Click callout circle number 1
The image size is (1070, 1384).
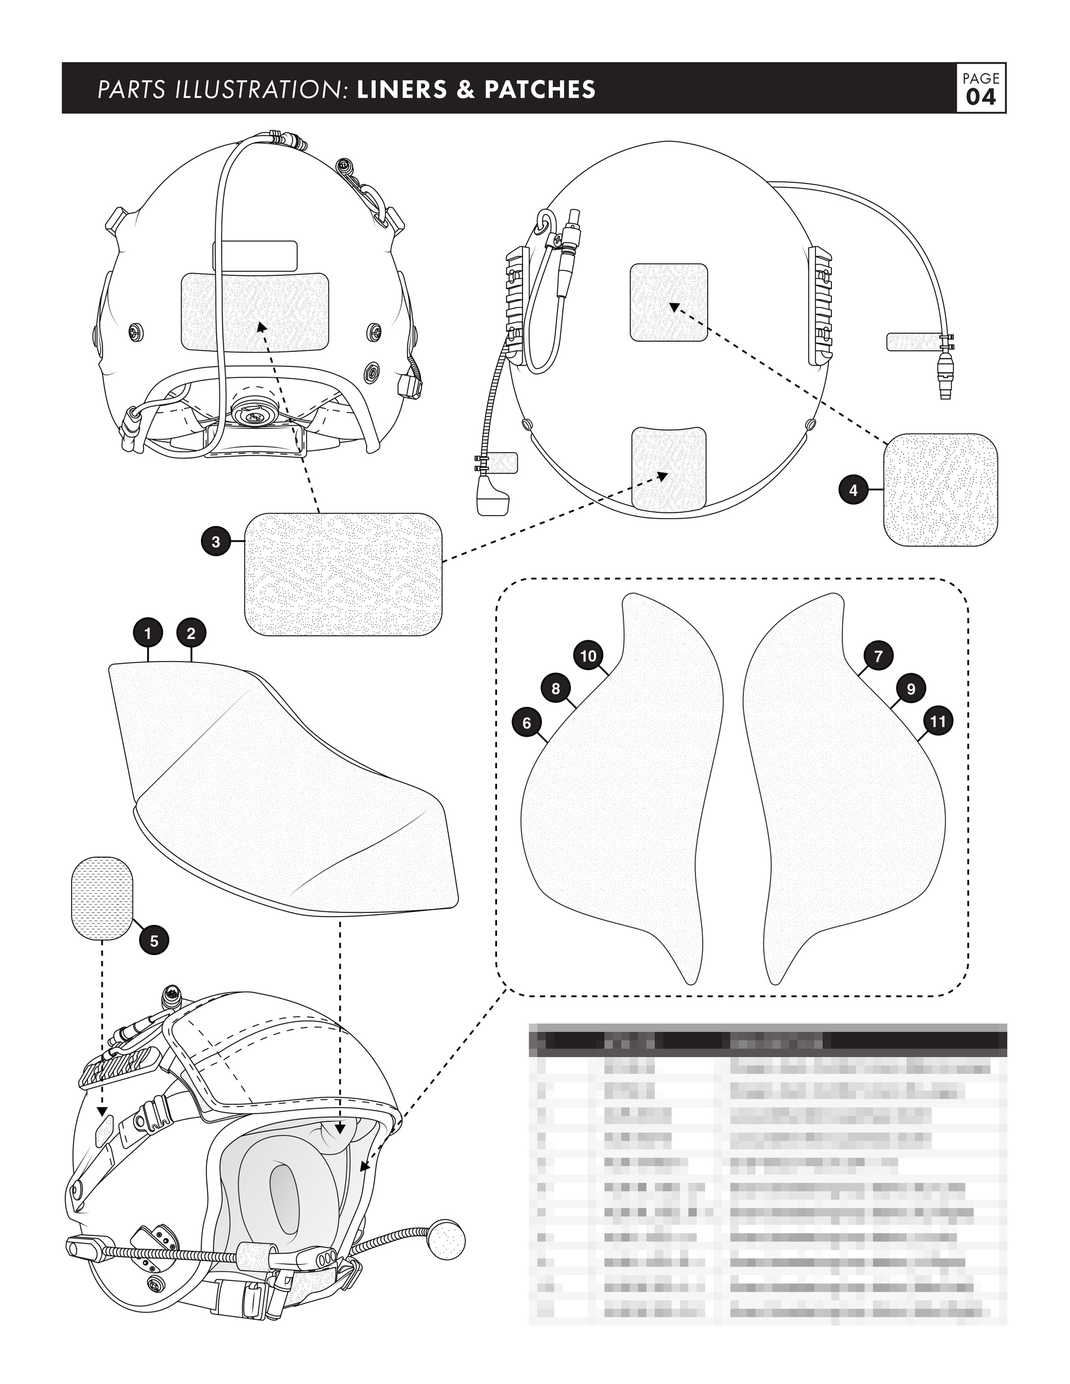tap(148, 633)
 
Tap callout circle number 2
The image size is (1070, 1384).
tap(192, 633)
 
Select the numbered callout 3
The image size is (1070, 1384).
tap(216, 542)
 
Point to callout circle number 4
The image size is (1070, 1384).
tap(853, 490)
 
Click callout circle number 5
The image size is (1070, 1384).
tap(154, 941)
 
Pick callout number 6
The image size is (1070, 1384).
tap(527, 722)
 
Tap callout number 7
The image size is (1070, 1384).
tap(878, 656)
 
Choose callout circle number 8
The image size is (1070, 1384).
tap(556, 688)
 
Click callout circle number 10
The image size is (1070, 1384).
tap(588, 656)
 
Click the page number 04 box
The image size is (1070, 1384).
tap(981, 88)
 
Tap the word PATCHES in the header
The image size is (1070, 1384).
tap(540, 89)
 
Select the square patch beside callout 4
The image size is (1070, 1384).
tap(940, 490)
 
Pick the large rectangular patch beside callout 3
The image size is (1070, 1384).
tap(343, 575)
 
